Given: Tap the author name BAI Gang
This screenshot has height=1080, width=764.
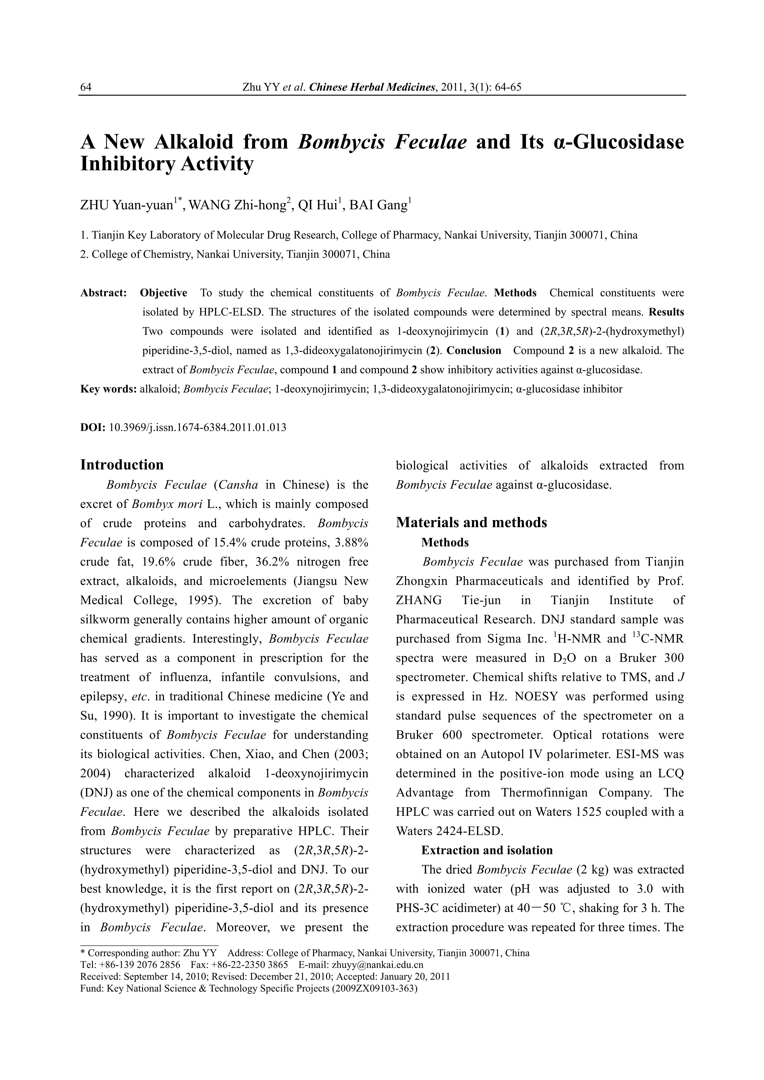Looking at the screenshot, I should [x=378, y=206].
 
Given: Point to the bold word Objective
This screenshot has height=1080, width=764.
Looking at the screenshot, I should [x=163, y=293].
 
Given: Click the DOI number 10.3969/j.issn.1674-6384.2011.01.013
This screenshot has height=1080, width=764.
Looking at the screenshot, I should [x=197, y=428].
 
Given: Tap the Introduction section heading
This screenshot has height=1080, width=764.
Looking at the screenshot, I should [x=122, y=465].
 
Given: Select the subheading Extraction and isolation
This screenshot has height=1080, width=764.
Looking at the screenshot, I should [x=487, y=850].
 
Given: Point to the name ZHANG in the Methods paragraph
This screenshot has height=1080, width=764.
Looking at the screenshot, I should [x=418, y=601].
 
